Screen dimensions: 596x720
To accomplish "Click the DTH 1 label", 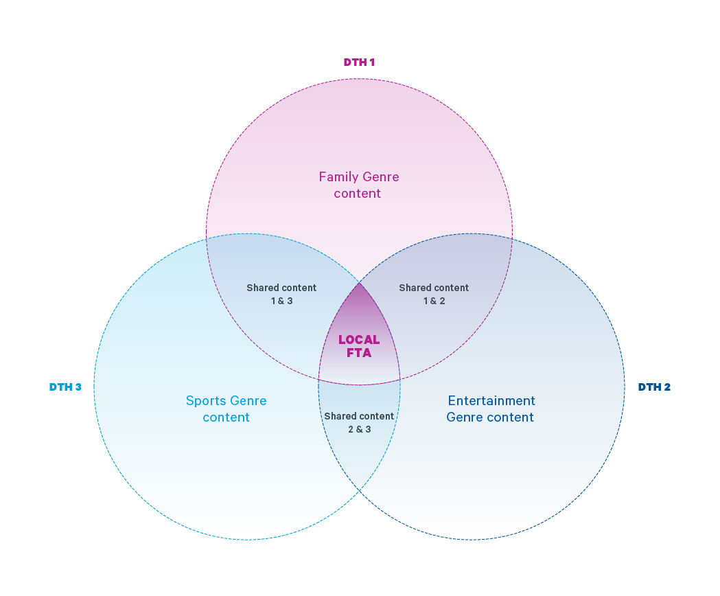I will [359, 62].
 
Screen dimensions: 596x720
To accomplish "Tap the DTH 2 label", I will [654, 387].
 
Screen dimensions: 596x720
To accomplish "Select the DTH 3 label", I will [65, 387].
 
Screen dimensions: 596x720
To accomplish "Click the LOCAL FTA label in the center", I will [359, 347].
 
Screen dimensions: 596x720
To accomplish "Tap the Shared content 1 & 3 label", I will [281, 295].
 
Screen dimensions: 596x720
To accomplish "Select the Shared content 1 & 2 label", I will [434, 295].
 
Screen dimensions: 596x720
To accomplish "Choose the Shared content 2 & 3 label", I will [359, 423].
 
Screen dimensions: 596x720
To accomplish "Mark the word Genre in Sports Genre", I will [248, 401].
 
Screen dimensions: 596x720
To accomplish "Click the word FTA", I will [359, 354].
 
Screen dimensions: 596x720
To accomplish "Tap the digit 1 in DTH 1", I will [372, 62].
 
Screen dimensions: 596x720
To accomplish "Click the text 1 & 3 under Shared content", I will [281, 301].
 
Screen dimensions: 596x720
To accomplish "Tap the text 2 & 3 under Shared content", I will [359, 430].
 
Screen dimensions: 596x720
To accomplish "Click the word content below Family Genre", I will [358, 194].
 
